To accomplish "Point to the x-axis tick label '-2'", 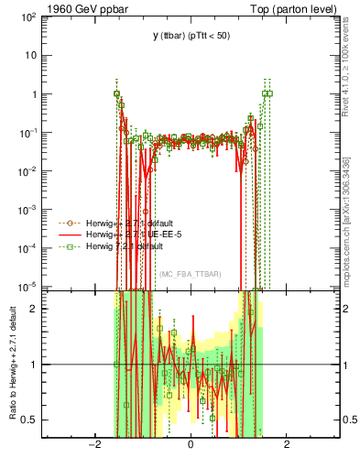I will [x=93, y=446].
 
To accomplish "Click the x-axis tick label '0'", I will [x=191, y=446].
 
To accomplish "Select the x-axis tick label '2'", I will [x=287, y=446].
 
